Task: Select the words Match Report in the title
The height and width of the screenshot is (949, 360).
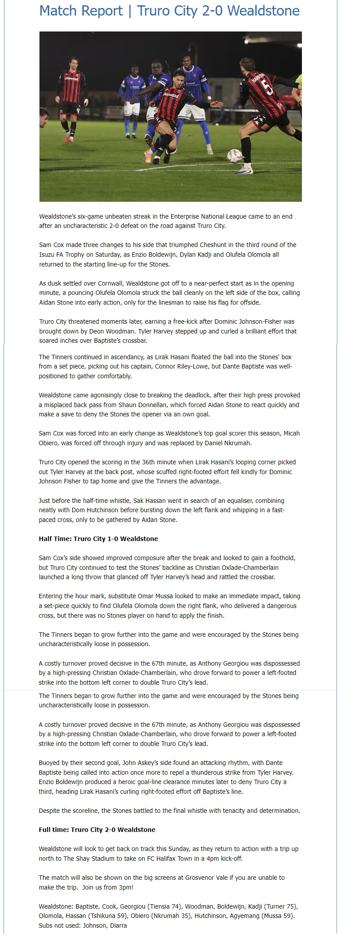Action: pos(81,11)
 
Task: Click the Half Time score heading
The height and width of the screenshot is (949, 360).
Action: pos(98,539)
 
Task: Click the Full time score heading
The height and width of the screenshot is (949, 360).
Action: pos(97,829)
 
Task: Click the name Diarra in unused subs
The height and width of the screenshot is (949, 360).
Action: pos(117,925)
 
